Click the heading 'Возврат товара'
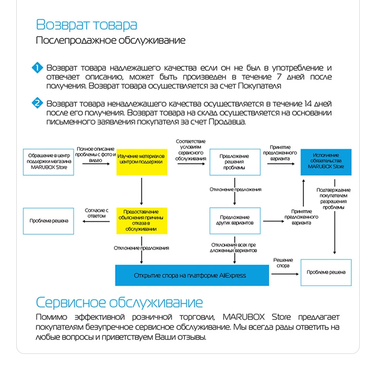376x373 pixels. click(86, 25)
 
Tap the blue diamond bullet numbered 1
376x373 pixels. click(37, 68)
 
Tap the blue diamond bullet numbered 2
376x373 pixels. click(37, 103)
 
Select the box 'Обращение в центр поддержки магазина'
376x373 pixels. click(49, 162)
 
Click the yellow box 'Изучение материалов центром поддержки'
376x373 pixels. click(142, 162)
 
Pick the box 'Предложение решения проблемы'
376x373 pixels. click(235, 162)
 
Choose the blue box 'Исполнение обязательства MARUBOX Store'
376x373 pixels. click(326, 162)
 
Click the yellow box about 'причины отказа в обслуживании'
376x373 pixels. click(142, 221)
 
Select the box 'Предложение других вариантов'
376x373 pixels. click(235, 221)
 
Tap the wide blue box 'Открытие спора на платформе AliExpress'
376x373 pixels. click(192, 275)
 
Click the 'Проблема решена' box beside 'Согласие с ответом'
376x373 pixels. click(49, 221)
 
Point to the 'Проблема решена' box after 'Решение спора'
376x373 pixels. click(326, 272)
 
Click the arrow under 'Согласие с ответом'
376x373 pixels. click(96, 221)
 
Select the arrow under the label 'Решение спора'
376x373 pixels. click(285, 274)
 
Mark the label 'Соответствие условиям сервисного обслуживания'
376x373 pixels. click(191, 150)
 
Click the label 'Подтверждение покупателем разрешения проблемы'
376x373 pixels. click(333, 198)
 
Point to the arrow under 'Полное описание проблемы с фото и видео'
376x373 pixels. click(96, 164)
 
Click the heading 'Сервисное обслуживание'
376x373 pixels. click(119, 302)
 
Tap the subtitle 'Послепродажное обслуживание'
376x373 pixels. click(111, 40)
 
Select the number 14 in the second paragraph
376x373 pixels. click(308, 104)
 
